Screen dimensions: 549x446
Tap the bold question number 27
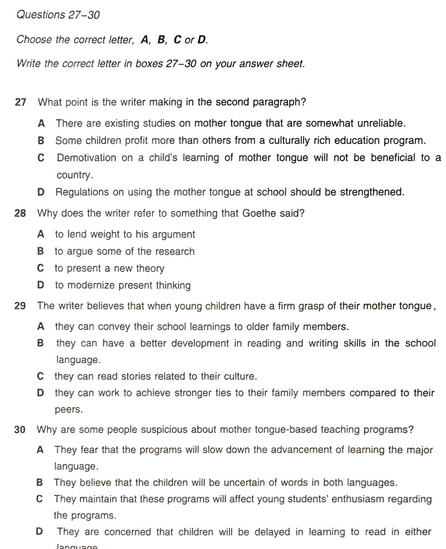point(21,102)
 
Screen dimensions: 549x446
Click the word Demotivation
point(87,158)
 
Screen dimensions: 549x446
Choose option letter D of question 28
point(40,286)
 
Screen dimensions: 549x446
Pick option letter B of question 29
point(40,344)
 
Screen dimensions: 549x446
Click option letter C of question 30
point(40,499)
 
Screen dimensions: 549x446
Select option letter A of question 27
point(42,123)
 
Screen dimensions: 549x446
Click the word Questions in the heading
point(41,15)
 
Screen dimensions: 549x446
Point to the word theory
point(150,269)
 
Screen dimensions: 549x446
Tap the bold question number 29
point(20,306)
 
